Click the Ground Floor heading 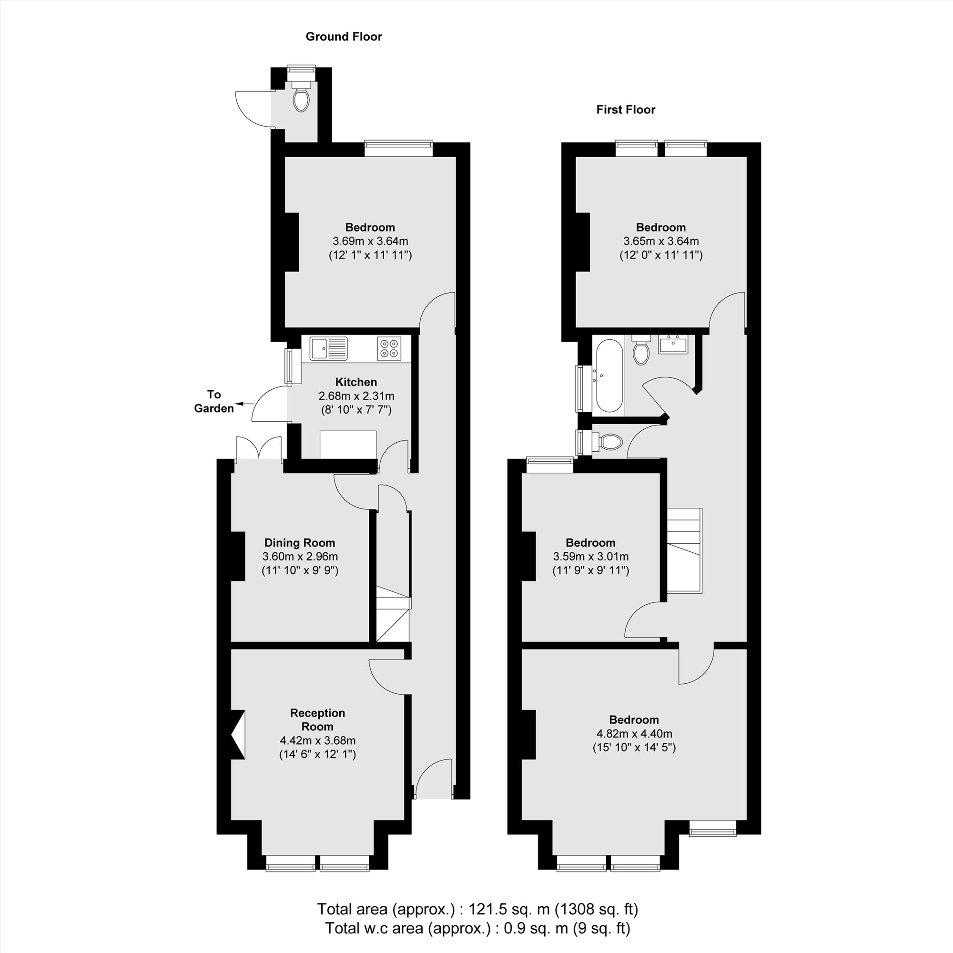[344, 37]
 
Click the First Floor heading [626, 110]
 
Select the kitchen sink [328, 348]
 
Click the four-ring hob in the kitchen [389, 348]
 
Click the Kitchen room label [355, 382]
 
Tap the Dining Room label [299, 543]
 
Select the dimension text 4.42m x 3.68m [318, 740]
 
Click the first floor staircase [684, 550]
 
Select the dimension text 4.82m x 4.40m [634, 733]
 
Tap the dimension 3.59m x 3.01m [590, 557]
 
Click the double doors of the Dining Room [259, 449]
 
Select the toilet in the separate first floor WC [610, 442]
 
